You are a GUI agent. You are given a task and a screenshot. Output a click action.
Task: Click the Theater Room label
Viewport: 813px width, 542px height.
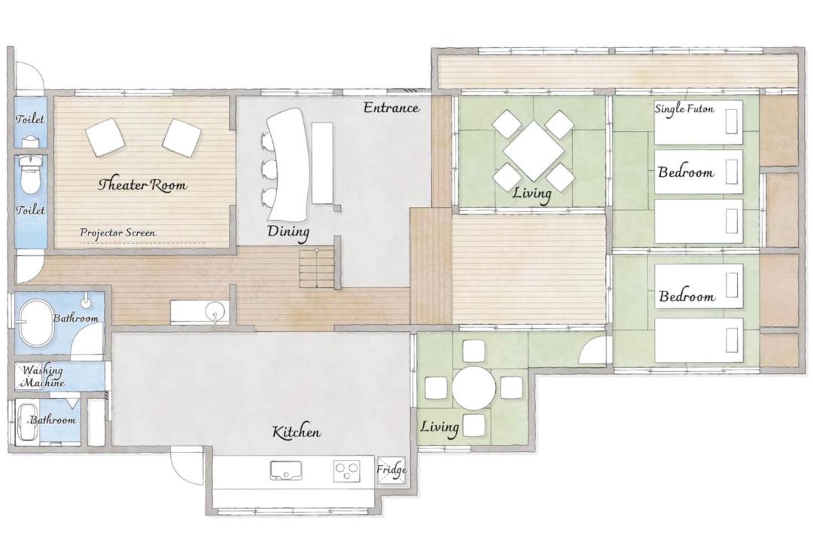point(142,184)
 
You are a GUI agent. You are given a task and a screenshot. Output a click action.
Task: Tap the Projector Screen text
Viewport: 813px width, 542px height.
point(117,233)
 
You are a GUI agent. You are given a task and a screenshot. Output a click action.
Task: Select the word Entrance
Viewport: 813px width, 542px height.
point(391,108)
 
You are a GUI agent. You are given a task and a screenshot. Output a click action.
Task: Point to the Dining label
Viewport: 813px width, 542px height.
point(288,232)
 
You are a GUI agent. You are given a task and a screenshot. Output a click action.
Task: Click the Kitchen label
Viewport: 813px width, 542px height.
point(297,431)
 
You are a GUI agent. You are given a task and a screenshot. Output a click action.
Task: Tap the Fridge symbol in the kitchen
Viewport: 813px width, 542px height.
point(391,470)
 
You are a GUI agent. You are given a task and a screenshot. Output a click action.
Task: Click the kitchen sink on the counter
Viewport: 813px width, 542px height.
point(285,470)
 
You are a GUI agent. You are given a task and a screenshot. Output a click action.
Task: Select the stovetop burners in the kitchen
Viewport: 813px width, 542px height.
point(346,471)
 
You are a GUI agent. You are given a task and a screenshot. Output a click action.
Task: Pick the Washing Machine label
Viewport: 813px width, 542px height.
point(42,376)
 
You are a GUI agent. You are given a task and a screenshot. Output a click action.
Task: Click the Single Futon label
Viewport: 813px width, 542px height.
point(684,109)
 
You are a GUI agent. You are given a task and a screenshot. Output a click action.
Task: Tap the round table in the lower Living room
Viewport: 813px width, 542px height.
point(474,388)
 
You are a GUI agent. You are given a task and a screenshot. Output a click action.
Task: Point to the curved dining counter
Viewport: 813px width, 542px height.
point(286,164)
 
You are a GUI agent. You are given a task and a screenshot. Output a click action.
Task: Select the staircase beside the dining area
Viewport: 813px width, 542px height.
point(317,268)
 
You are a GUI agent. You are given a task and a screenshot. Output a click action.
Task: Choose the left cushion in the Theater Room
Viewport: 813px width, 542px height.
point(105,138)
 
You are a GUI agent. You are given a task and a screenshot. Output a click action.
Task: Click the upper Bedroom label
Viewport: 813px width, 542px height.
point(686,172)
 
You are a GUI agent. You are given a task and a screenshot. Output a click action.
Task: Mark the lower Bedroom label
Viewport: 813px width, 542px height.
point(687,296)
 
